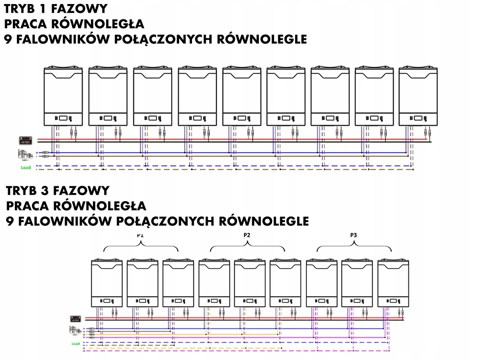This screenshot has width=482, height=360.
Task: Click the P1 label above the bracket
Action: pyautogui.click(x=141, y=235)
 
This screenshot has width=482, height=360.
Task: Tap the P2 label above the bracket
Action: pyautogui.click(x=248, y=235)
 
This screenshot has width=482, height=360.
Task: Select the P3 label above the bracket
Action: pyautogui.click(x=354, y=235)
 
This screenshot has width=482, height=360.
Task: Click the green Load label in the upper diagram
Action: pyautogui.click(x=26, y=167)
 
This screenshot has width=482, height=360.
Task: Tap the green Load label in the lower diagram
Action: pyautogui.click(x=75, y=344)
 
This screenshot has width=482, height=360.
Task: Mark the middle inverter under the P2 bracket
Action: pyautogui.click(x=250, y=283)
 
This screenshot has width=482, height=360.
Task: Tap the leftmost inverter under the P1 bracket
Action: pyautogui.click(x=107, y=283)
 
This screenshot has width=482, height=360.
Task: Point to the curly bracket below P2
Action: pyautogui.click(x=248, y=247)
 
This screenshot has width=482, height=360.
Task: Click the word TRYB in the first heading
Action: pyautogui.click(x=21, y=9)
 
